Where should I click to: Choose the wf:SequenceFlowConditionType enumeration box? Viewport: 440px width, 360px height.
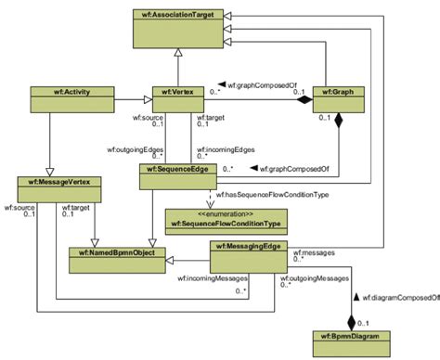[x=226, y=220]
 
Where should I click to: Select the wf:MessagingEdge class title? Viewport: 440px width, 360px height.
[x=251, y=248]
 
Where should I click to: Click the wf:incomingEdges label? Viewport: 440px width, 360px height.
[x=226, y=148]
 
